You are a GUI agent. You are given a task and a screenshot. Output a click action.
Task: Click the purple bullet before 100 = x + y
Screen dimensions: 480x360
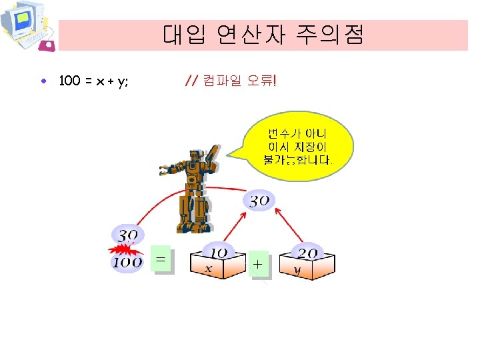[43, 82]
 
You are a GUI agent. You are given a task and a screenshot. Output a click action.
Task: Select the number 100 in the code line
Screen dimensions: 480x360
[69, 82]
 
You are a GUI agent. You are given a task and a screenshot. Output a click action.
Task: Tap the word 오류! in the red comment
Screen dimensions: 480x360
[262, 81]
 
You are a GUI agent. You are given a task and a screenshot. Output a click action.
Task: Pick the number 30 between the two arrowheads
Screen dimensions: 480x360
[259, 200]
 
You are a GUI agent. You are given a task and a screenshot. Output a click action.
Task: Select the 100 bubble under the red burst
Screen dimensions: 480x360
[127, 262]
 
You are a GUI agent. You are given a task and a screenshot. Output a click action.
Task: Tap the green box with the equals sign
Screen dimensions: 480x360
[161, 259]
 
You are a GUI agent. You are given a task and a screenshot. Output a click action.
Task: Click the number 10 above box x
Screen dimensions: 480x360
[218, 253]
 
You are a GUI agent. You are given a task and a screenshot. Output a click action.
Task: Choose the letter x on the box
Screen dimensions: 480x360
[208, 269]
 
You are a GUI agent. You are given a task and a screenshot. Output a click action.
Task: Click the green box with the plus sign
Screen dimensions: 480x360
[258, 264]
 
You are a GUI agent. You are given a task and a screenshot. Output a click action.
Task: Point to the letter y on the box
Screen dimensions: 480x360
[298, 270]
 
